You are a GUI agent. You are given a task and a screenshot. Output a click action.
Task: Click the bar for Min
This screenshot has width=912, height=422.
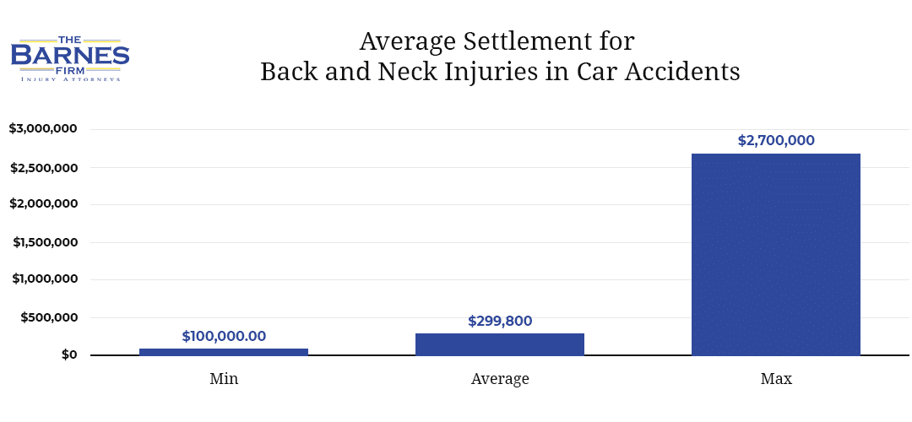point(224,351)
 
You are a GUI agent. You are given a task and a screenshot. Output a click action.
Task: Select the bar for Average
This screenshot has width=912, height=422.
point(500,344)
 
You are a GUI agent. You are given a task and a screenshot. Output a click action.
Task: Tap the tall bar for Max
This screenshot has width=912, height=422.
point(775,253)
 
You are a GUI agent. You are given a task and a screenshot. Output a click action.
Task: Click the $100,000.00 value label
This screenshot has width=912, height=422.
point(224,336)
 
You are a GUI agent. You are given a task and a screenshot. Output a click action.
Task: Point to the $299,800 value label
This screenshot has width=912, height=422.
point(500,321)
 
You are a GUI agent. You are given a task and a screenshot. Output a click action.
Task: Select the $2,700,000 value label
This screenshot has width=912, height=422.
point(775,141)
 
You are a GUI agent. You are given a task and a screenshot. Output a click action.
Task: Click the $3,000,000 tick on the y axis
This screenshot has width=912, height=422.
point(43,129)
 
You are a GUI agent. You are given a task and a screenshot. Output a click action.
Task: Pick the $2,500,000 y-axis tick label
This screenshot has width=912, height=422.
point(43,167)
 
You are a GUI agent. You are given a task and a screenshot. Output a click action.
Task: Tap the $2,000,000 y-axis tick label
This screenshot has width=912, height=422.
point(43,204)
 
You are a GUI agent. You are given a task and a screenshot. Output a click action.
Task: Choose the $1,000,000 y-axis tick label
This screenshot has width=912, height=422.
point(45,279)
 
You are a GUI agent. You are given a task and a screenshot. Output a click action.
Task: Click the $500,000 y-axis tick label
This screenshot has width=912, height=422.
point(49,317)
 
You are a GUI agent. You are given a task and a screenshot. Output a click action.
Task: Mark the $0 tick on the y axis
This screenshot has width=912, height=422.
point(69,354)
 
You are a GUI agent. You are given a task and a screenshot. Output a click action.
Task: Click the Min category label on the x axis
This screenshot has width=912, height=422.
point(224,379)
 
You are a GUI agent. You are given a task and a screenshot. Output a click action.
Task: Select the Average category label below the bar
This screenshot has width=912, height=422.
point(500,379)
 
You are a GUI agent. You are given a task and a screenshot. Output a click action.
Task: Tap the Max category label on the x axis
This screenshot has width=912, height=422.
point(775,379)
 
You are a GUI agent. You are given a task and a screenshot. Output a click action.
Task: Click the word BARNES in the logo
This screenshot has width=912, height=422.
point(70,56)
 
